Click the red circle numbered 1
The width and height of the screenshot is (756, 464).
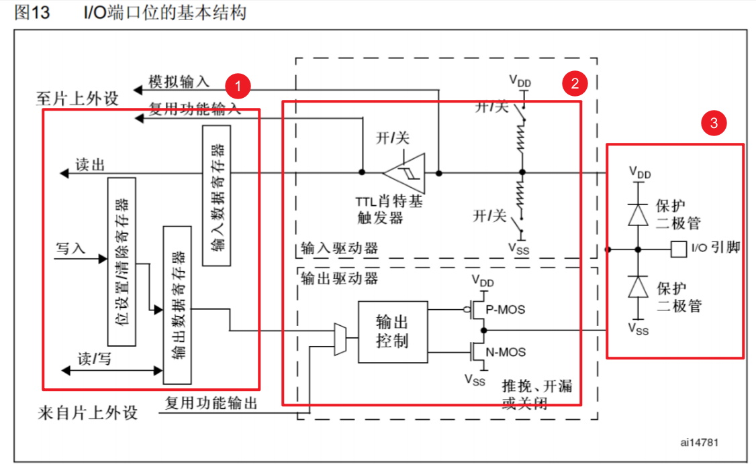238,85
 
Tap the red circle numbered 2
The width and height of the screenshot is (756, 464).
574,82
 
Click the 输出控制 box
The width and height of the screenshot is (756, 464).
392,332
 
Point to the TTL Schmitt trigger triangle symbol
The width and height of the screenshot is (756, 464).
404,173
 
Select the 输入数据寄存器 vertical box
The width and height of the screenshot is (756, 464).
216,194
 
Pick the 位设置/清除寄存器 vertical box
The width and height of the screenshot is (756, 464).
122,262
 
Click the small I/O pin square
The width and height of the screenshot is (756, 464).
677,249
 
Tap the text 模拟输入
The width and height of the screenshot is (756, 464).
179,82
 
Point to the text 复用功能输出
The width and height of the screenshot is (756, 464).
211,403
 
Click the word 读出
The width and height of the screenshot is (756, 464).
89,165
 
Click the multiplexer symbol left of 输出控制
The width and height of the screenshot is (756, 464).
340,339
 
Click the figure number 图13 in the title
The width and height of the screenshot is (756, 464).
32,11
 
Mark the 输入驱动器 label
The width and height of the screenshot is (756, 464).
340,248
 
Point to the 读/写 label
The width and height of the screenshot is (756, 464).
95,358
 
